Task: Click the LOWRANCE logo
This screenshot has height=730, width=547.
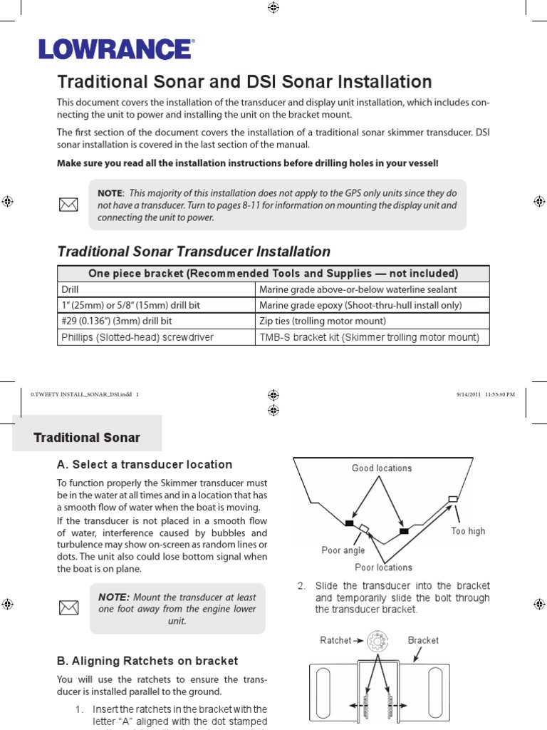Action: tap(115, 49)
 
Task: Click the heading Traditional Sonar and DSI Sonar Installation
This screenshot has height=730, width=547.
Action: tap(244, 82)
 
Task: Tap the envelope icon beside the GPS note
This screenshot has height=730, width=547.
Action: tap(68, 205)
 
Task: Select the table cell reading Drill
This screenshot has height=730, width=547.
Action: tap(155, 289)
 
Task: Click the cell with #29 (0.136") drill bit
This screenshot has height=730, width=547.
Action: tap(155, 321)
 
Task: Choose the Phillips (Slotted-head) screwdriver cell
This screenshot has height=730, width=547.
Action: tap(155, 337)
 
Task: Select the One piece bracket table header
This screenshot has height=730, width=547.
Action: tap(273, 273)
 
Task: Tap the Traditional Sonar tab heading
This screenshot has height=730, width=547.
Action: tap(87, 438)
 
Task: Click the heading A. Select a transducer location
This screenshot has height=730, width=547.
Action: tap(145, 465)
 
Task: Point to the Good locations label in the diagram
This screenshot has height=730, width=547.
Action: tap(382, 468)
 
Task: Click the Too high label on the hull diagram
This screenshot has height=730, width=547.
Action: tap(468, 531)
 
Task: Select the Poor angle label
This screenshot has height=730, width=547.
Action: tap(343, 550)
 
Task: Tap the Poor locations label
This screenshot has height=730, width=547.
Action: tap(383, 567)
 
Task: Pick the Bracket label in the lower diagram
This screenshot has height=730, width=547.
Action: tap(423, 640)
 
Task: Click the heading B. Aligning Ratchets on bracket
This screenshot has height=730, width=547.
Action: tap(147, 661)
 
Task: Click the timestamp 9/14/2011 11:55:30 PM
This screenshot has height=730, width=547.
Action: tap(484, 394)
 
